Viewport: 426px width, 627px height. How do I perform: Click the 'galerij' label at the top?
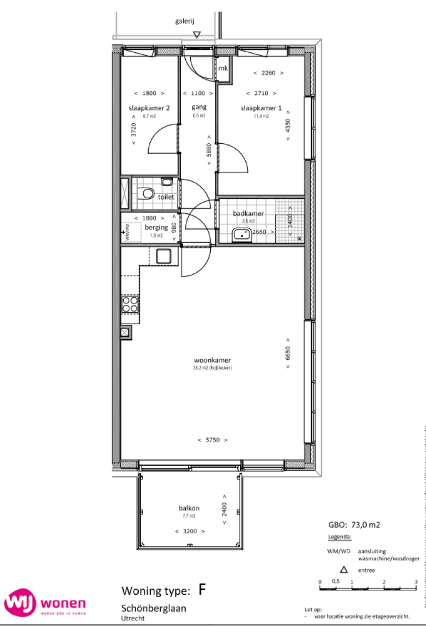[184, 21]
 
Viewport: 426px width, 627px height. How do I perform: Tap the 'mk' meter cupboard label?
[223, 68]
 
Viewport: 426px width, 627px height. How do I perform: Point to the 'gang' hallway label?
[199, 107]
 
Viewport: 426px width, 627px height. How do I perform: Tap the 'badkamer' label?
[248, 213]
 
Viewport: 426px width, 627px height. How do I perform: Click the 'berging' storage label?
[156, 227]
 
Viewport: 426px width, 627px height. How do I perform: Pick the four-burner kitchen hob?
[130, 304]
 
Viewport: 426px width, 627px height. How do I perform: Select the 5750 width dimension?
[212, 440]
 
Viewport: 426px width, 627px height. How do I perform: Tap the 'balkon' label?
[189, 508]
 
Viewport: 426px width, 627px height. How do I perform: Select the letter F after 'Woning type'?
[202, 589]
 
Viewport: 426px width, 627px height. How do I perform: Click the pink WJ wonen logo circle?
[19, 604]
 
